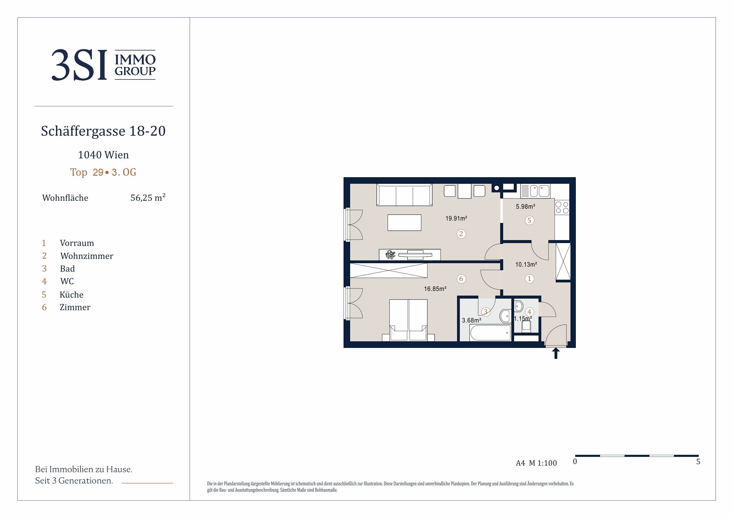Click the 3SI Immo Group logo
[x=104, y=65]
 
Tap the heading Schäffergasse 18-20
[x=103, y=131]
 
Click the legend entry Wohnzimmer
[x=87, y=256]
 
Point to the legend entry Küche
[x=71, y=294]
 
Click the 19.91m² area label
[x=456, y=218]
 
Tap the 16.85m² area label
[x=435, y=289]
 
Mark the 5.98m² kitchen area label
[x=526, y=206]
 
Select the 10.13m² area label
[x=526, y=264]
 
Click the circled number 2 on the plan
[x=461, y=234]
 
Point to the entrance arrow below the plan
[x=556, y=353]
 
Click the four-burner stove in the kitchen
[x=562, y=207]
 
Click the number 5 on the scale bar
[x=698, y=462]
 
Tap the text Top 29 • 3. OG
[x=103, y=172]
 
